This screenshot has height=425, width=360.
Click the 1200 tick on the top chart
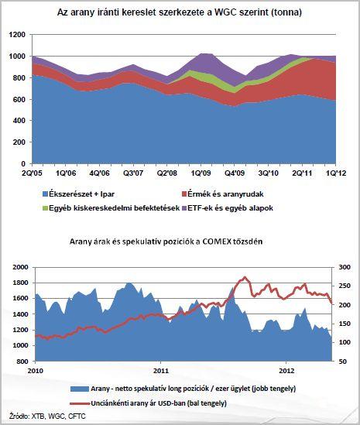[17, 35]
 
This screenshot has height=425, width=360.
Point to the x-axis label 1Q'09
[201, 173]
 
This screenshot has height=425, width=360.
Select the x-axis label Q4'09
[235, 173]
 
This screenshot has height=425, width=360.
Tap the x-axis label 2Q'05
[33, 173]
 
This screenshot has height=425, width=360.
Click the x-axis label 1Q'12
[336, 173]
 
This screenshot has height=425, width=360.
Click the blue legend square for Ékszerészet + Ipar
[45, 194]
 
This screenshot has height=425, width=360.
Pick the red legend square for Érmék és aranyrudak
[184, 194]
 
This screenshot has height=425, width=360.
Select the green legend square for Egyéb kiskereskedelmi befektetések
[45, 208]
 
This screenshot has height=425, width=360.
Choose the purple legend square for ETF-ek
[184, 208]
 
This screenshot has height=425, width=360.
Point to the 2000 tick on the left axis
[20, 267]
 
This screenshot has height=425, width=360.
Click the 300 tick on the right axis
[345, 267]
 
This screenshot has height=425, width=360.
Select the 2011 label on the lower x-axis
[161, 371]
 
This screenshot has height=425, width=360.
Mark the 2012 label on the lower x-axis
[286, 371]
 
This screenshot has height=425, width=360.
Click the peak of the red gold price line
[245, 277]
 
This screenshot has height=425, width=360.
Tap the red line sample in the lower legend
[80, 403]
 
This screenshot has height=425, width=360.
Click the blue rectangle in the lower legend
[80, 389]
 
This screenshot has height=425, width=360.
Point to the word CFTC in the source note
[77, 416]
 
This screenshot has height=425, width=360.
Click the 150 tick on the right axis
[345, 324]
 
